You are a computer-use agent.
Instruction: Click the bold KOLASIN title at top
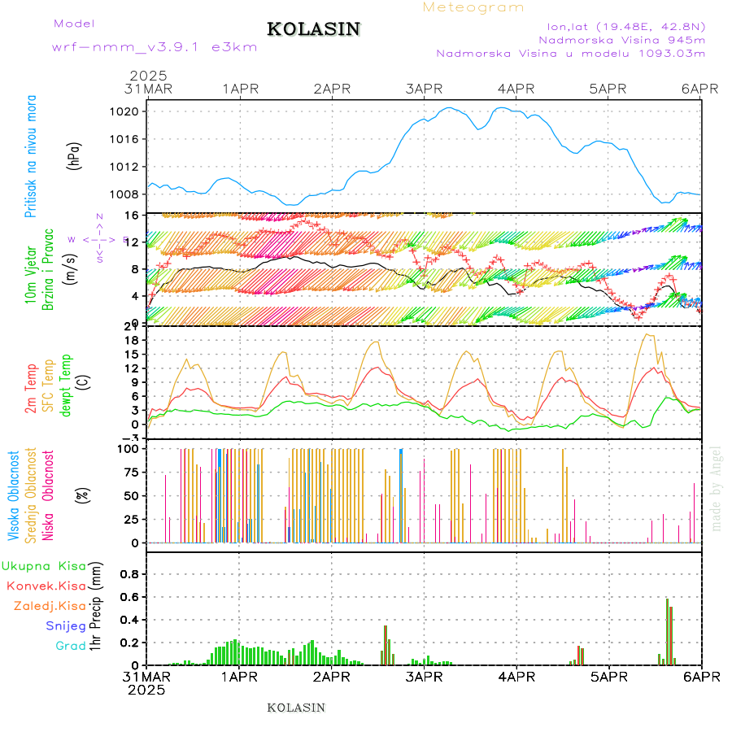click(313, 29)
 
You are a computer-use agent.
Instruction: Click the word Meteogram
click(473, 7)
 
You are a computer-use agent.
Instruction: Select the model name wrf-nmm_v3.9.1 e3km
click(155, 46)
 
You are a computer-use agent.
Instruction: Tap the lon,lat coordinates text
click(625, 24)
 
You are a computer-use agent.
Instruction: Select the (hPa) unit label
click(74, 155)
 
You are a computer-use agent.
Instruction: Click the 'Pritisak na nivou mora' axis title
click(32, 155)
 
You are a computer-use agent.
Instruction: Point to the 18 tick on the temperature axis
click(133, 340)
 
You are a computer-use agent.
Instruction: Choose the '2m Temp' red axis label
click(32, 389)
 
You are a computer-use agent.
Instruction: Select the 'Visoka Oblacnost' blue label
click(14, 495)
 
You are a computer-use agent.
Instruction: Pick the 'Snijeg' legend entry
click(65, 625)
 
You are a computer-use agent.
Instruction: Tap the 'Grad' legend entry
click(70, 646)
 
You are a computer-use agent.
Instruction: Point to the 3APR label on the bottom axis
click(423, 677)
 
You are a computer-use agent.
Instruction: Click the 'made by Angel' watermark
click(717, 489)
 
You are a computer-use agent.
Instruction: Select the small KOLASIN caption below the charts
click(296, 708)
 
